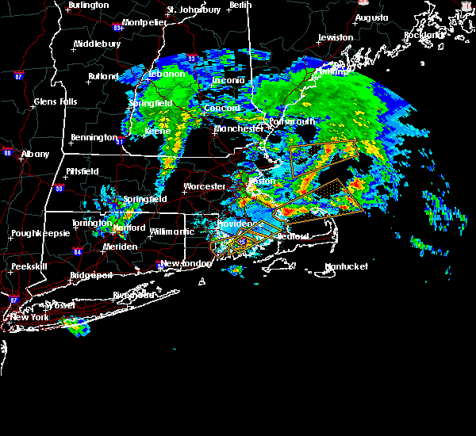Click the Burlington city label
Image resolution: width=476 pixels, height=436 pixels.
click(89, 5)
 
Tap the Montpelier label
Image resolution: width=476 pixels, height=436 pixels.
click(144, 22)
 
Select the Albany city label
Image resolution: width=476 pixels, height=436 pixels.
click(35, 154)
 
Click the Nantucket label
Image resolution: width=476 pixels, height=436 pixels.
click(347, 266)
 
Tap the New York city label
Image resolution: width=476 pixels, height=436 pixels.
click(29, 317)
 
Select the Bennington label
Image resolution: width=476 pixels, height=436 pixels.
click(94, 137)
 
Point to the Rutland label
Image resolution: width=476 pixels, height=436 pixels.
click(103, 77)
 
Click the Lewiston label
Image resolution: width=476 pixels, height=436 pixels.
click(336, 37)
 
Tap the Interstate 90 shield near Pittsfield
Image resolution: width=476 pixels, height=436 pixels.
click(59, 188)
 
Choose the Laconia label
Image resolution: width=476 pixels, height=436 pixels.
click(228, 81)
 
